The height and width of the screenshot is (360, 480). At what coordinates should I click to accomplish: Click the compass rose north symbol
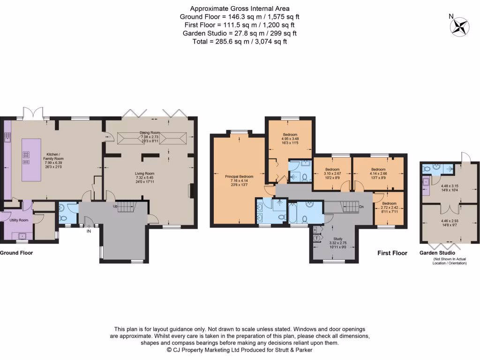coord(459,26)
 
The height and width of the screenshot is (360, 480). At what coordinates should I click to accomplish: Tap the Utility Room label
coord(19,220)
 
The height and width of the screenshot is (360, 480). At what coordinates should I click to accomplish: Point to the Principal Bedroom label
coord(239,177)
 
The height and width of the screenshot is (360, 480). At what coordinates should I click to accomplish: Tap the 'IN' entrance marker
coord(88,231)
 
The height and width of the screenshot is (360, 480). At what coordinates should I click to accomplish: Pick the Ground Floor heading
coord(16,253)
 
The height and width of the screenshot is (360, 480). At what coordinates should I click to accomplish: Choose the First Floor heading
coord(392,253)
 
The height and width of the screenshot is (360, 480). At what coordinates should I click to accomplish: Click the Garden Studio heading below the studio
coord(437,253)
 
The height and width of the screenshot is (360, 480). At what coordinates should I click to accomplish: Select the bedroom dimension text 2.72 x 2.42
coord(389,207)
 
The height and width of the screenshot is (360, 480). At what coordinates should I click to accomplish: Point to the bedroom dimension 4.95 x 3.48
coord(290,139)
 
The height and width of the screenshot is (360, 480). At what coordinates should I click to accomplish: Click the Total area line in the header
coord(240,41)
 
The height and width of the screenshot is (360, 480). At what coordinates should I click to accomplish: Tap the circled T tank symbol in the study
coord(316,238)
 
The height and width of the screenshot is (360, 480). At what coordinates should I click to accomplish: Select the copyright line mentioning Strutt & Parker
coord(240,350)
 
